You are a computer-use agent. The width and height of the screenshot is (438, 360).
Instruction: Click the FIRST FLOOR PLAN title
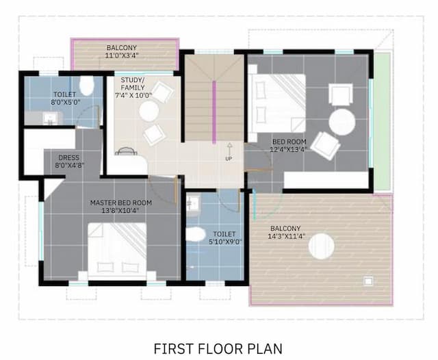coord(218,348)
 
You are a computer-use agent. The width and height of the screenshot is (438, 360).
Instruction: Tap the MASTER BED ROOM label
coord(120,203)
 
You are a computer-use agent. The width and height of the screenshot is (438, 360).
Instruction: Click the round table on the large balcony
coord(321,246)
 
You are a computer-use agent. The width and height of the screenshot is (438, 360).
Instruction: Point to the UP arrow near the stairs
coord(229,149)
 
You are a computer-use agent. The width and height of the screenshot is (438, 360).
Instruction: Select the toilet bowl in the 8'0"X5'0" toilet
coord(86,86)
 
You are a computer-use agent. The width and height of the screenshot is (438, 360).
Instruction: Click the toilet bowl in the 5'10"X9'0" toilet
coord(195,235)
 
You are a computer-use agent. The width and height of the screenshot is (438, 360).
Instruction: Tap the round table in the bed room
coord(342,123)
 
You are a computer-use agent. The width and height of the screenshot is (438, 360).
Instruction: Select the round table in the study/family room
coord(149,111)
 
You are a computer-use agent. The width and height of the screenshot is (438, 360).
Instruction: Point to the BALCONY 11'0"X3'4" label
coord(122,52)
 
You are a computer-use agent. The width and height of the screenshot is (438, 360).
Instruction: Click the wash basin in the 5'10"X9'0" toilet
coord(193,203)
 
